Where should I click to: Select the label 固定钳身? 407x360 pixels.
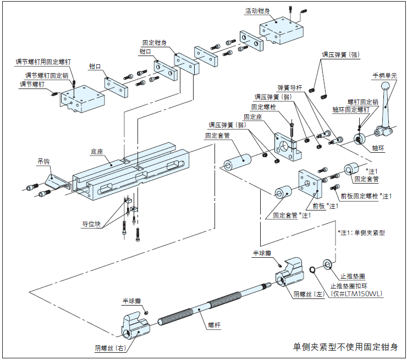tap(155, 42)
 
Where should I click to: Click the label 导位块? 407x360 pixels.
tap(92, 224)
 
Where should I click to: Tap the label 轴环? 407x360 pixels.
tap(378, 148)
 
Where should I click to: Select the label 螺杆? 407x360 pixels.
tap(214, 325)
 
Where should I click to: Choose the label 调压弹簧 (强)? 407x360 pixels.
tap(340, 55)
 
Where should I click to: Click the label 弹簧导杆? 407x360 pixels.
tap(290, 87)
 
